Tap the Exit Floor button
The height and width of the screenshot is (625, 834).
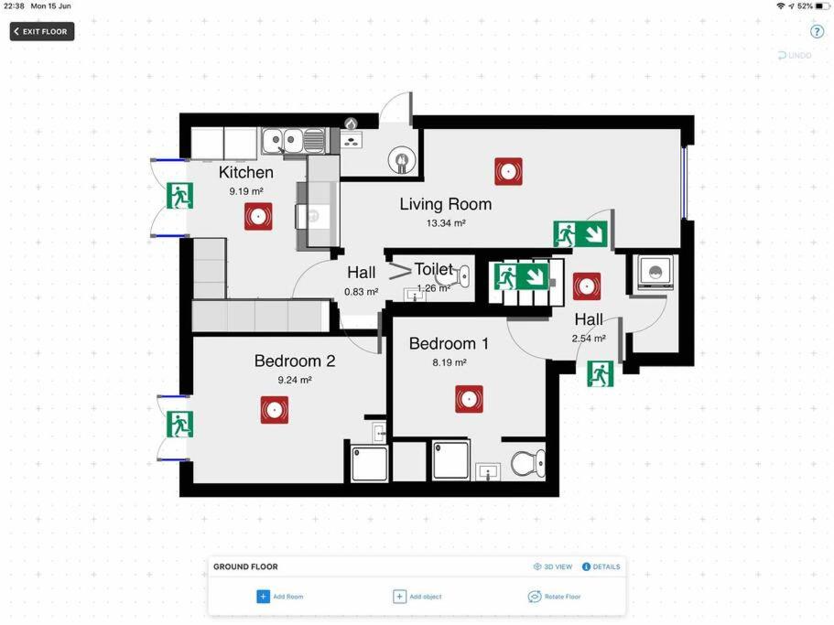42,31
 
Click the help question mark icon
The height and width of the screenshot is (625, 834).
817,31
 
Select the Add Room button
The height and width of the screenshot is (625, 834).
280,597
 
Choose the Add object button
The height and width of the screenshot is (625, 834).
417,597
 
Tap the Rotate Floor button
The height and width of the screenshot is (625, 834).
554,597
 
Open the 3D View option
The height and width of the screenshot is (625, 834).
553,566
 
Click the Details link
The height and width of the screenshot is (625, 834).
601,566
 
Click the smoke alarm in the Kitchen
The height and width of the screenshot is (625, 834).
258,216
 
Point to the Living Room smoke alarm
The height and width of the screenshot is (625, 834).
508,171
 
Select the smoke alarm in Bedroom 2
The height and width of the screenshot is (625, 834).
275,410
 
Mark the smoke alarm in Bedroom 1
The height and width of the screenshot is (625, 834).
469,399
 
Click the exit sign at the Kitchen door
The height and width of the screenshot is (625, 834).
179,196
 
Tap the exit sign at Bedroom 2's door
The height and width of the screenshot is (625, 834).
179,424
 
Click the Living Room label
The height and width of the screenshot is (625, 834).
446,204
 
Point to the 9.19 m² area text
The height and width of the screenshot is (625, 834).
246,191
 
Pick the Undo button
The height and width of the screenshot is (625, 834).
795,55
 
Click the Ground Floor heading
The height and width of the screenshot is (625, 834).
245,566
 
